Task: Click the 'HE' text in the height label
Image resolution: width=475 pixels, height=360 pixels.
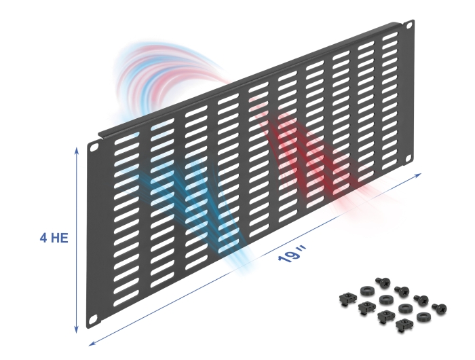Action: [59, 238]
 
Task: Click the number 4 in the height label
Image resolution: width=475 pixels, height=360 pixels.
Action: [43, 238]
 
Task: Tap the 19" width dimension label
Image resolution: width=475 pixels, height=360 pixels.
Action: [292, 255]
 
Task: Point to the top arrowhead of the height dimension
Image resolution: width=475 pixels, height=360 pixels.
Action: [77, 151]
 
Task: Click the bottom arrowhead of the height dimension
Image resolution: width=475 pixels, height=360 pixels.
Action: [77, 330]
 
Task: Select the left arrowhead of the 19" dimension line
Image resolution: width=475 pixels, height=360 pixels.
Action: [92, 343]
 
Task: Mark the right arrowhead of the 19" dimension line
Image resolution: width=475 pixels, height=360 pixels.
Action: [418, 175]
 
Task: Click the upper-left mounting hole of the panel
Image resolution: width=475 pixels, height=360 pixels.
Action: [94, 147]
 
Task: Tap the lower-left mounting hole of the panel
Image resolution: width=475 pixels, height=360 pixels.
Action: [94, 319]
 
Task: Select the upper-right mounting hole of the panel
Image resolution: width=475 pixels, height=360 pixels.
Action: [409, 25]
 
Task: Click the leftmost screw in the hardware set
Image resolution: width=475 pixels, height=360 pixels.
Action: [381, 283]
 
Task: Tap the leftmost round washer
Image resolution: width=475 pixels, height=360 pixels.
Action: [367, 291]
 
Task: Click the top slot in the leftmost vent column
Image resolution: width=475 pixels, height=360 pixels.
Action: [128, 137]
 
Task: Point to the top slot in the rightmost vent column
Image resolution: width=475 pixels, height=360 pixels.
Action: [390, 37]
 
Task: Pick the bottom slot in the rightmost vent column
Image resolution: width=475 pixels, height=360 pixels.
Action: [390, 164]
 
